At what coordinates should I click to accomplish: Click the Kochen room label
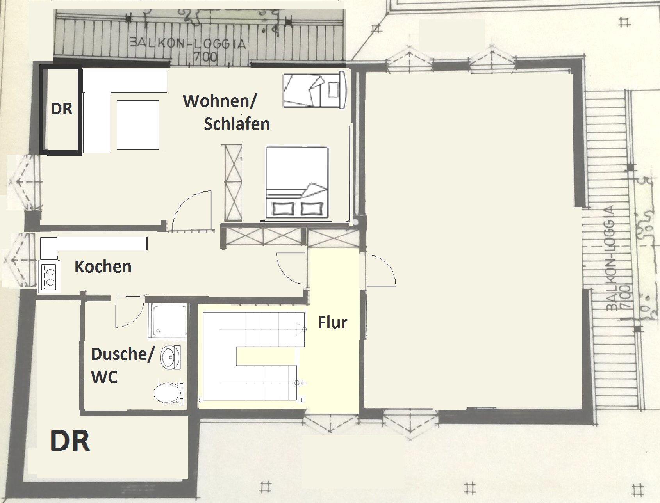point(103,267)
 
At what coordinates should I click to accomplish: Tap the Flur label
point(332,323)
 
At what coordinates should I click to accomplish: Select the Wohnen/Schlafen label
point(226,112)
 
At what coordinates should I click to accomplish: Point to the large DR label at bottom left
point(70,441)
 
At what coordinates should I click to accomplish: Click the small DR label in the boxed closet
point(62,109)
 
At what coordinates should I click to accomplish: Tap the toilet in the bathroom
point(169,393)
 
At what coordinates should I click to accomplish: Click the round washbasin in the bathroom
point(170,357)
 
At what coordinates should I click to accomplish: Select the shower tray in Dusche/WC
point(167,320)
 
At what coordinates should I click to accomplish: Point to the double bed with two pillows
point(297,182)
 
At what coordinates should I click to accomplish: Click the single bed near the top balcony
point(314,90)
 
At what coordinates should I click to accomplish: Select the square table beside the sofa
point(138,125)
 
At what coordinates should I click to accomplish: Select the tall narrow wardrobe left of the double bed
point(232,183)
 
